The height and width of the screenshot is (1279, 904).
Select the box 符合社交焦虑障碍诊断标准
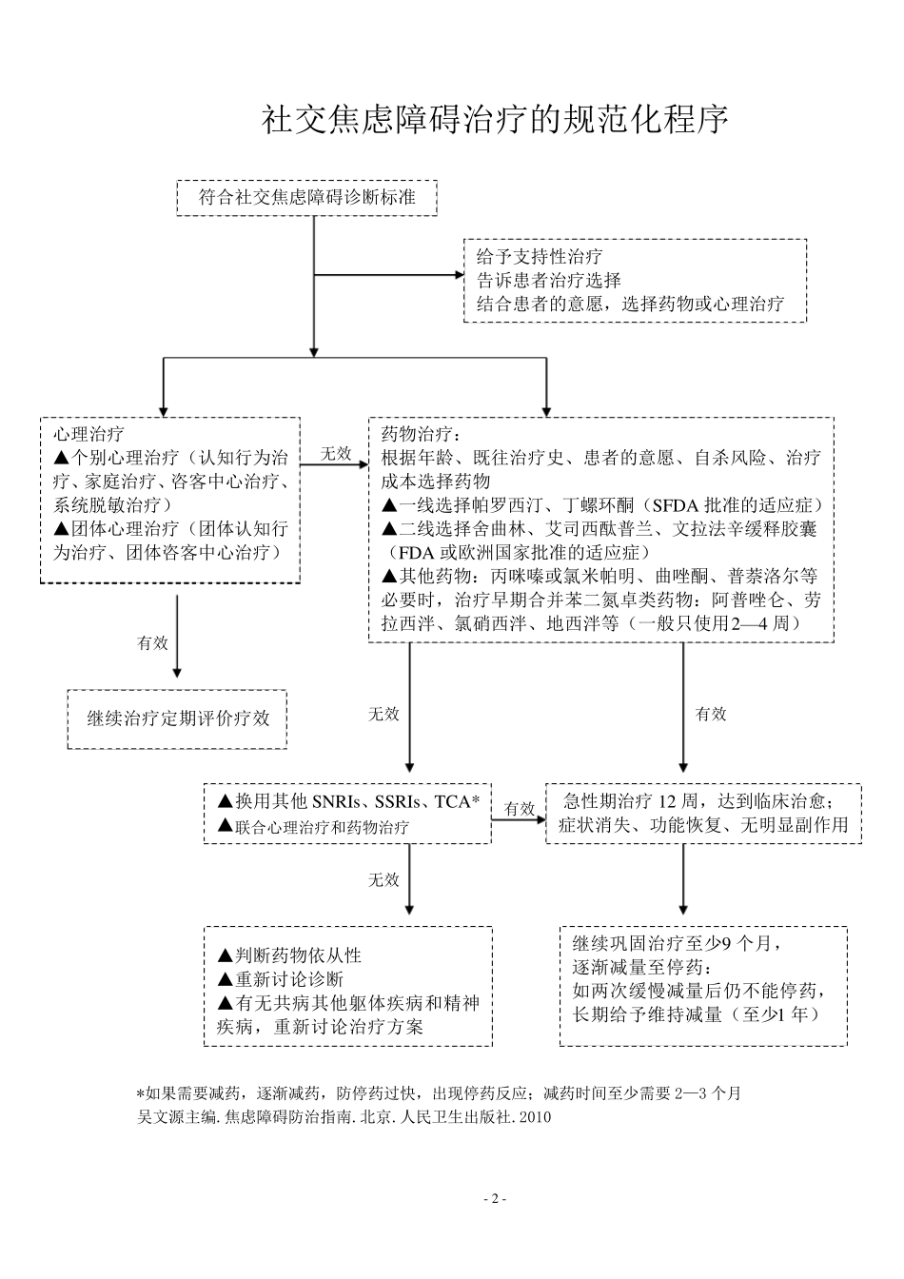click(306, 197)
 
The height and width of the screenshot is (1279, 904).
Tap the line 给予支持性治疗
click(539, 257)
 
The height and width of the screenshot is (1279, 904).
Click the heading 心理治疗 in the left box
click(88, 434)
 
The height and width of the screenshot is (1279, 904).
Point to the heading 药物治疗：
click(420, 434)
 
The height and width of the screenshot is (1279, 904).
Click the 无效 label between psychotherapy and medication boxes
click(335, 453)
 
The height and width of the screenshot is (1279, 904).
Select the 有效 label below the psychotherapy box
click(152, 642)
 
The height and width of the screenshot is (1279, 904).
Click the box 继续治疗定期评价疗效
click(178, 718)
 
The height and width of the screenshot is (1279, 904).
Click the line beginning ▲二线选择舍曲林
click(599, 528)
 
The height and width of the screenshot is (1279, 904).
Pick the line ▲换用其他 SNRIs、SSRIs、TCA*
click(348, 802)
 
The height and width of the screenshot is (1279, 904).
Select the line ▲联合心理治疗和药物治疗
click(314, 827)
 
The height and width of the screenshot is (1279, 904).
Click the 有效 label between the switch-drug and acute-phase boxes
click(519, 808)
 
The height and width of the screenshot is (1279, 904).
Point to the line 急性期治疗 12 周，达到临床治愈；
click(703, 800)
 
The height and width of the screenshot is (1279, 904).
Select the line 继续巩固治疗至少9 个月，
click(677, 944)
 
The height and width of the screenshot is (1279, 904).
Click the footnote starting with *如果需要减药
click(439, 1092)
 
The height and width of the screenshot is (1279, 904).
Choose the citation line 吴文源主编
click(344, 1116)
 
